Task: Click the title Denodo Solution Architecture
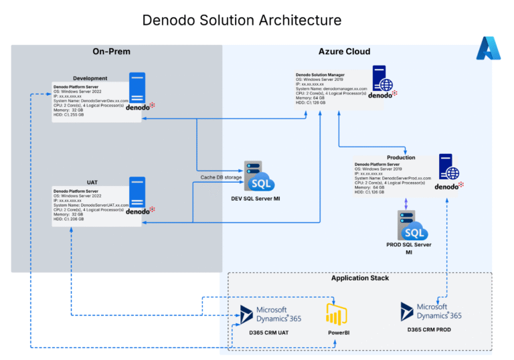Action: [x=242, y=21]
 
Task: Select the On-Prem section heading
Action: [x=111, y=52]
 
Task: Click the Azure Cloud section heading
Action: [x=344, y=52]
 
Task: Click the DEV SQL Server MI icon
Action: [x=258, y=177]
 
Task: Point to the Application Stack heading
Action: [x=360, y=278]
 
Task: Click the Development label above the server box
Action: [x=90, y=78]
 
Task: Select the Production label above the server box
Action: [x=401, y=157]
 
